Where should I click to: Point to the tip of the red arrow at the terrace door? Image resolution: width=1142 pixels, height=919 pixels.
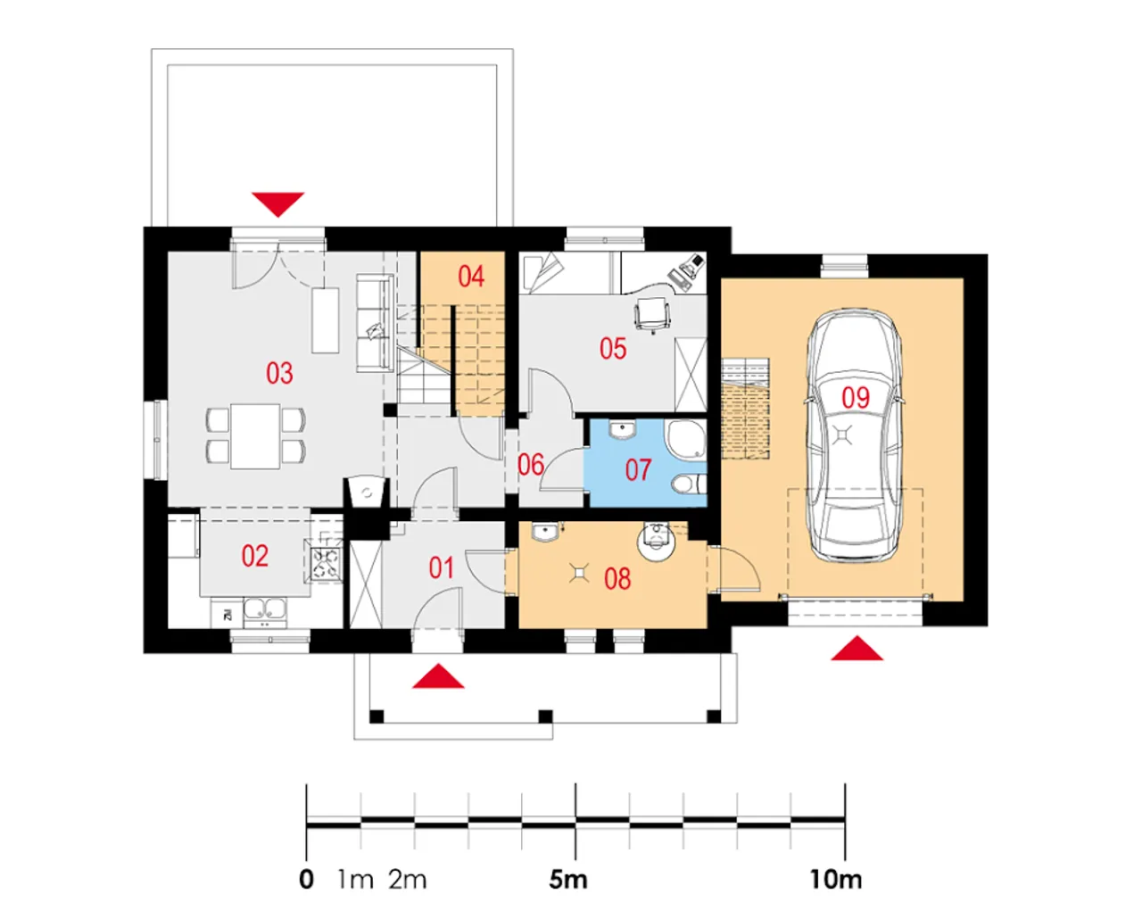click(x=277, y=217)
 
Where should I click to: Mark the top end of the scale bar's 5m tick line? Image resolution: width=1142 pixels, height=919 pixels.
click(x=575, y=783)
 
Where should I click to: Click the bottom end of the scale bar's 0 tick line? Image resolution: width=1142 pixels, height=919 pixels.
click(x=306, y=860)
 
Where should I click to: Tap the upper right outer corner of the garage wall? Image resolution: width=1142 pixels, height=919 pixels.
click(x=988, y=254)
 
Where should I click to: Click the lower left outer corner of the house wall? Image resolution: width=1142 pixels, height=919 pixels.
click(x=144, y=653)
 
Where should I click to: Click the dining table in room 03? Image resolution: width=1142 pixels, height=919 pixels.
click(x=255, y=436)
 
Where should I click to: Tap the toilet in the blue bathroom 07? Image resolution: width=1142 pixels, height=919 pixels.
click(x=689, y=484)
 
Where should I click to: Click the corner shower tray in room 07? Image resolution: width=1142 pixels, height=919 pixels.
click(x=687, y=441)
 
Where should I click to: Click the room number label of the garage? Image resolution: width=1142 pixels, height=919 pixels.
click(x=856, y=398)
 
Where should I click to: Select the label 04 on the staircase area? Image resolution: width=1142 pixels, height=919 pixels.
click(x=471, y=277)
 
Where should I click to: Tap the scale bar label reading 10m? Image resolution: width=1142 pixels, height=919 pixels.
click(x=835, y=880)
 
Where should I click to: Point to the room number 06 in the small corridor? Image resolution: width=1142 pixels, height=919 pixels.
click(x=531, y=465)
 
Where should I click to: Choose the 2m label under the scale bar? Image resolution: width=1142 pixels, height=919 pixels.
click(x=408, y=880)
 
